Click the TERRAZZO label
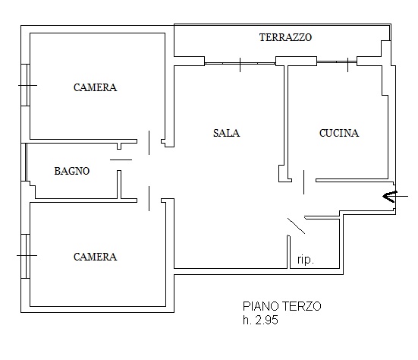(x=285, y=37)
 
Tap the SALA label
(x=226, y=133)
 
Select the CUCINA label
(x=339, y=133)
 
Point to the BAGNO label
(x=72, y=171)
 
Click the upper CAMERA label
(x=95, y=87)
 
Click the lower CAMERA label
(x=95, y=257)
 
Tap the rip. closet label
(x=306, y=260)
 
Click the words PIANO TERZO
(x=281, y=306)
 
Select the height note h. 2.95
(x=260, y=320)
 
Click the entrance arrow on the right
(x=395, y=197)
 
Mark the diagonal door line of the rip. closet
(x=296, y=226)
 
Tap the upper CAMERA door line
(x=149, y=143)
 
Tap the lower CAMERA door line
(x=149, y=198)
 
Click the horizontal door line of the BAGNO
(x=121, y=159)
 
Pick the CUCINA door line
(x=304, y=182)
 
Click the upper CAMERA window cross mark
(x=27, y=85)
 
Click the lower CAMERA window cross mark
(x=27, y=255)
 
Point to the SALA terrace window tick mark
(x=240, y=65)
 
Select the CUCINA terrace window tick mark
(x=348, y=65)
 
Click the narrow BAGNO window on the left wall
(x=26, y=163)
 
